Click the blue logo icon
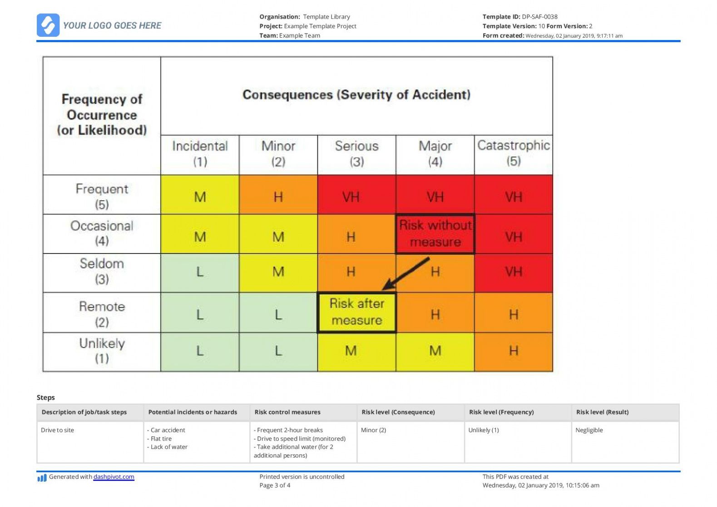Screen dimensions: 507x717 click(48, 25)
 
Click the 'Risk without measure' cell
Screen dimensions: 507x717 click(435, 234)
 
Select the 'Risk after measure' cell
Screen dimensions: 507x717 click(356, 312)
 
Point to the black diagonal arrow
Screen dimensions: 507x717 click(406, 273)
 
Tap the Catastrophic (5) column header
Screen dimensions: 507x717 click(514, 154)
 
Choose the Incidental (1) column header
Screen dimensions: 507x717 click(200, 154)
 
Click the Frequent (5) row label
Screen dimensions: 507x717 click(102, 196)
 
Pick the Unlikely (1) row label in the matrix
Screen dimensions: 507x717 click(102, 351)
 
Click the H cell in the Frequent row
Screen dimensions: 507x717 click(278, 197)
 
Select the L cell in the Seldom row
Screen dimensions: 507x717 click(200, 272)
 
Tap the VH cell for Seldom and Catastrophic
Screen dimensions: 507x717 click(514, 272)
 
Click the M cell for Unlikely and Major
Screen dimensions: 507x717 click(435, 351)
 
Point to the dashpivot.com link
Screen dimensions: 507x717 click(114, 477)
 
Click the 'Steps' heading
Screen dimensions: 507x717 click(45, 398)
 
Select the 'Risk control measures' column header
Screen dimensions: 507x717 click(287, 412)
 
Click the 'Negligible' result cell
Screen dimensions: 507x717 click(589, 430)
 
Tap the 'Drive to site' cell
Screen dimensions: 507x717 click(57, 430)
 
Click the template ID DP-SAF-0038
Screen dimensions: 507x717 click(539, 17)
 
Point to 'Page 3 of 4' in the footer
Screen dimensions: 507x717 click(275, 485)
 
